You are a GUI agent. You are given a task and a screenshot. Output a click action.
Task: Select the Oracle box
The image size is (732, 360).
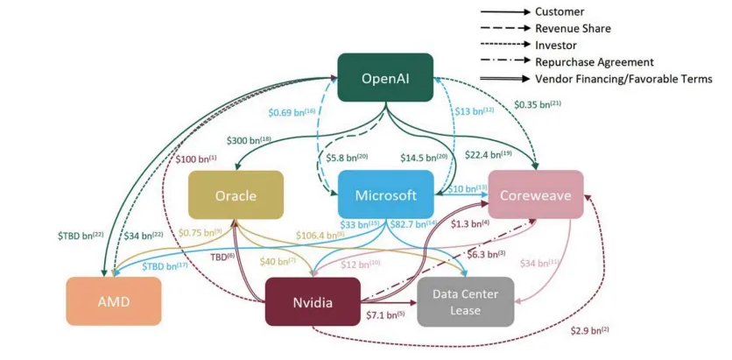236,195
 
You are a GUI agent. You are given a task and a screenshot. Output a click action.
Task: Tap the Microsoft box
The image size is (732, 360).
385,195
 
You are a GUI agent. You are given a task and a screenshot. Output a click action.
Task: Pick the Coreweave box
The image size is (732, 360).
536,195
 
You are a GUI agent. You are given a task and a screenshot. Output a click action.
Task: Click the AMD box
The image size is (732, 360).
114,301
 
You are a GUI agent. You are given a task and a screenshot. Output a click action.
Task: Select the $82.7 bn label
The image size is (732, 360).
412,225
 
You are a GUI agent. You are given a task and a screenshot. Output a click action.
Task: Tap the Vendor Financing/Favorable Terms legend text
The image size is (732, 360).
623,79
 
